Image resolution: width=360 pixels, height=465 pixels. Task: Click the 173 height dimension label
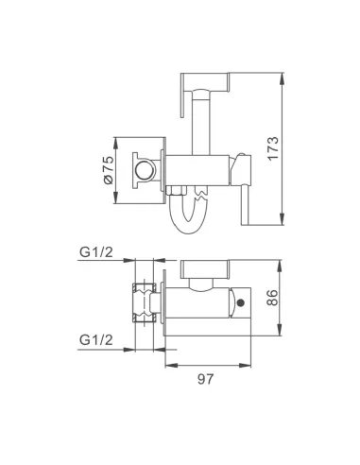[x=273, y=148]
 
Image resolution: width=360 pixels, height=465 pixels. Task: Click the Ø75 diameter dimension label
[x=108, y=170]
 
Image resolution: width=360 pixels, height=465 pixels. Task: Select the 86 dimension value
[x=272, y=298]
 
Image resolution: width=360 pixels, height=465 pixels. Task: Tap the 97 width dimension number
[x=206, y=379]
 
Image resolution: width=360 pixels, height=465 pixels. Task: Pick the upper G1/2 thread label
[x=95, y=252]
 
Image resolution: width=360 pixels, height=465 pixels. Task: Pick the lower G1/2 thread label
[x=95, y=340]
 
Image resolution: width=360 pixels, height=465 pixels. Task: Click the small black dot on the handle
[x=241, y=302]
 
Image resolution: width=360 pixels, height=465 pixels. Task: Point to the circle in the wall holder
[x=145, y=170]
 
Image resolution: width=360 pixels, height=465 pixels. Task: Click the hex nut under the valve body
[x=177, y=191]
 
